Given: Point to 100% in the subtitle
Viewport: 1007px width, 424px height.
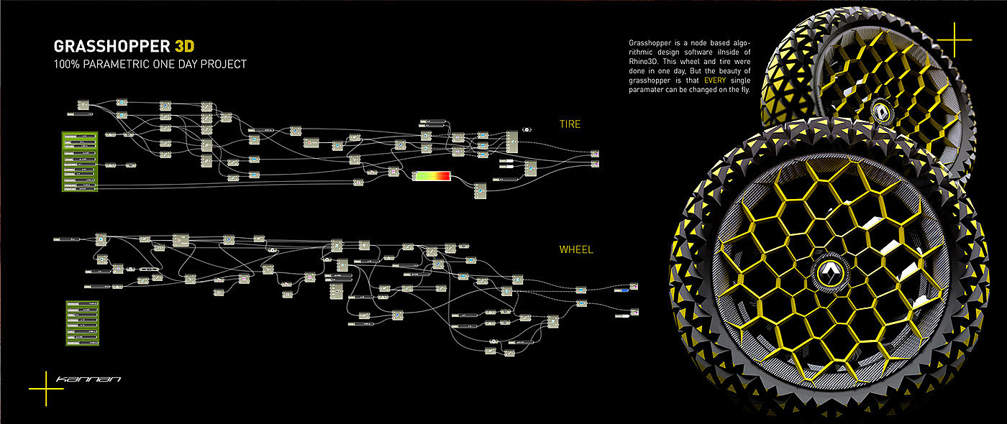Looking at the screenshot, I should pyautogui.click(x=67, y=65).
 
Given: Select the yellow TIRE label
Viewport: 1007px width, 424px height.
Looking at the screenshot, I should pyautogui.click(x=570, y=124).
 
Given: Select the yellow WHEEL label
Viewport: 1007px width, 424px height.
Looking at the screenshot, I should pyautogui.click(x=576, y=250).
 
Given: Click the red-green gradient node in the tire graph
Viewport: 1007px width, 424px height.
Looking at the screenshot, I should pyautogui.click(x=431, y=177).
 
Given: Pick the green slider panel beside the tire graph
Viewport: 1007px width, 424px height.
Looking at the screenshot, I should pyautogui.click(x=80, y=161).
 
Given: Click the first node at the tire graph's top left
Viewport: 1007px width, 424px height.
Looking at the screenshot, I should pyautogui.click(x=82, y=106).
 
